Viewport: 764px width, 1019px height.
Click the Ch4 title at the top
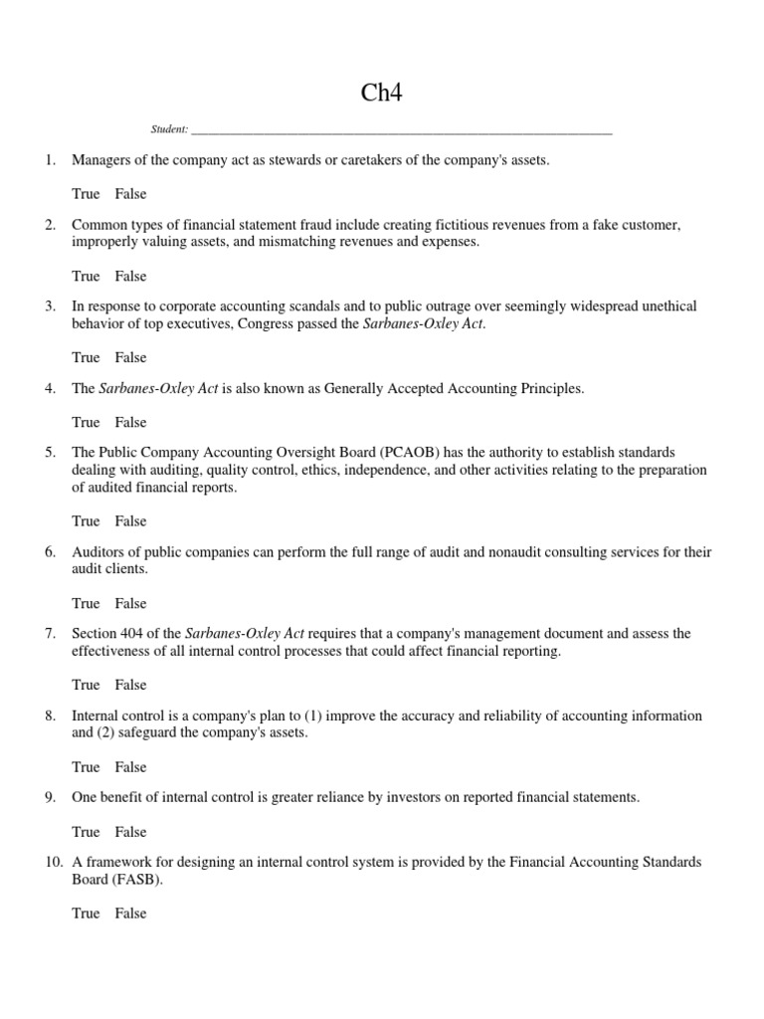coord(382,94)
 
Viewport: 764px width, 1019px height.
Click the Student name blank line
coord(401,130)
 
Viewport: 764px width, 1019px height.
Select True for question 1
coord(86,194)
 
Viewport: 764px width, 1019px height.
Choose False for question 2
coord(130,276)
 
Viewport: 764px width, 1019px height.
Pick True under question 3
coord(86,357)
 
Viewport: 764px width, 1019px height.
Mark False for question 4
coord(130,422)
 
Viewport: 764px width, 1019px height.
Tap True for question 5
coord(86,520)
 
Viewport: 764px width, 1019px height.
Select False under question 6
coord(130,603)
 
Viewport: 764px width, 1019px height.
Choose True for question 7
coord(86,685)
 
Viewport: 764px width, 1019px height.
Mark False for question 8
coord(130,767)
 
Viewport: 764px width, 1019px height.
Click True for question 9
coord(86,832)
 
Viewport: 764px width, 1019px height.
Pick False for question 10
coord(130,914)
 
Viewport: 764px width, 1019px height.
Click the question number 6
coord(50,552)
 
